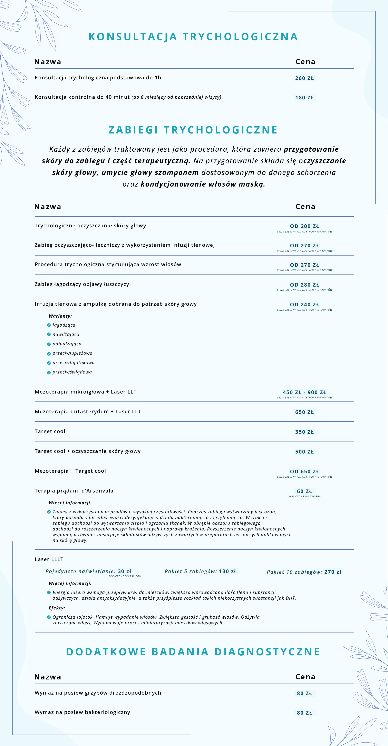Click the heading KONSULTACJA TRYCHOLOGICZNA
coord(193,37)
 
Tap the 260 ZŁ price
coord(304,78)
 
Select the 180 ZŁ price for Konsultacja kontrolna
coord(304,98)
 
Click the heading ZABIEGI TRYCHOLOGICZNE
coord(193,130)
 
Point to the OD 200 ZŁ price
coord(304,226)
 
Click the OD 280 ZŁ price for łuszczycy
coord(304,285)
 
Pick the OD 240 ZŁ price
coord(304,304)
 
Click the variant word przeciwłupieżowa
coord(72,353)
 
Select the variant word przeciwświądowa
coord(72,372)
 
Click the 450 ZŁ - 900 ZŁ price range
coord(304,392)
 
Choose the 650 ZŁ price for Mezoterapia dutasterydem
coord(304,412)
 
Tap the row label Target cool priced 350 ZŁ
coord(50,431)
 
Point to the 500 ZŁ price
coord(304,451)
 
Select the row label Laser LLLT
coord(49,559)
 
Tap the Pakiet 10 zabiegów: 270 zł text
coord(304,572)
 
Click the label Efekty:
coord(57,608)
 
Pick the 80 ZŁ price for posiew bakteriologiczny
coord(304,713)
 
